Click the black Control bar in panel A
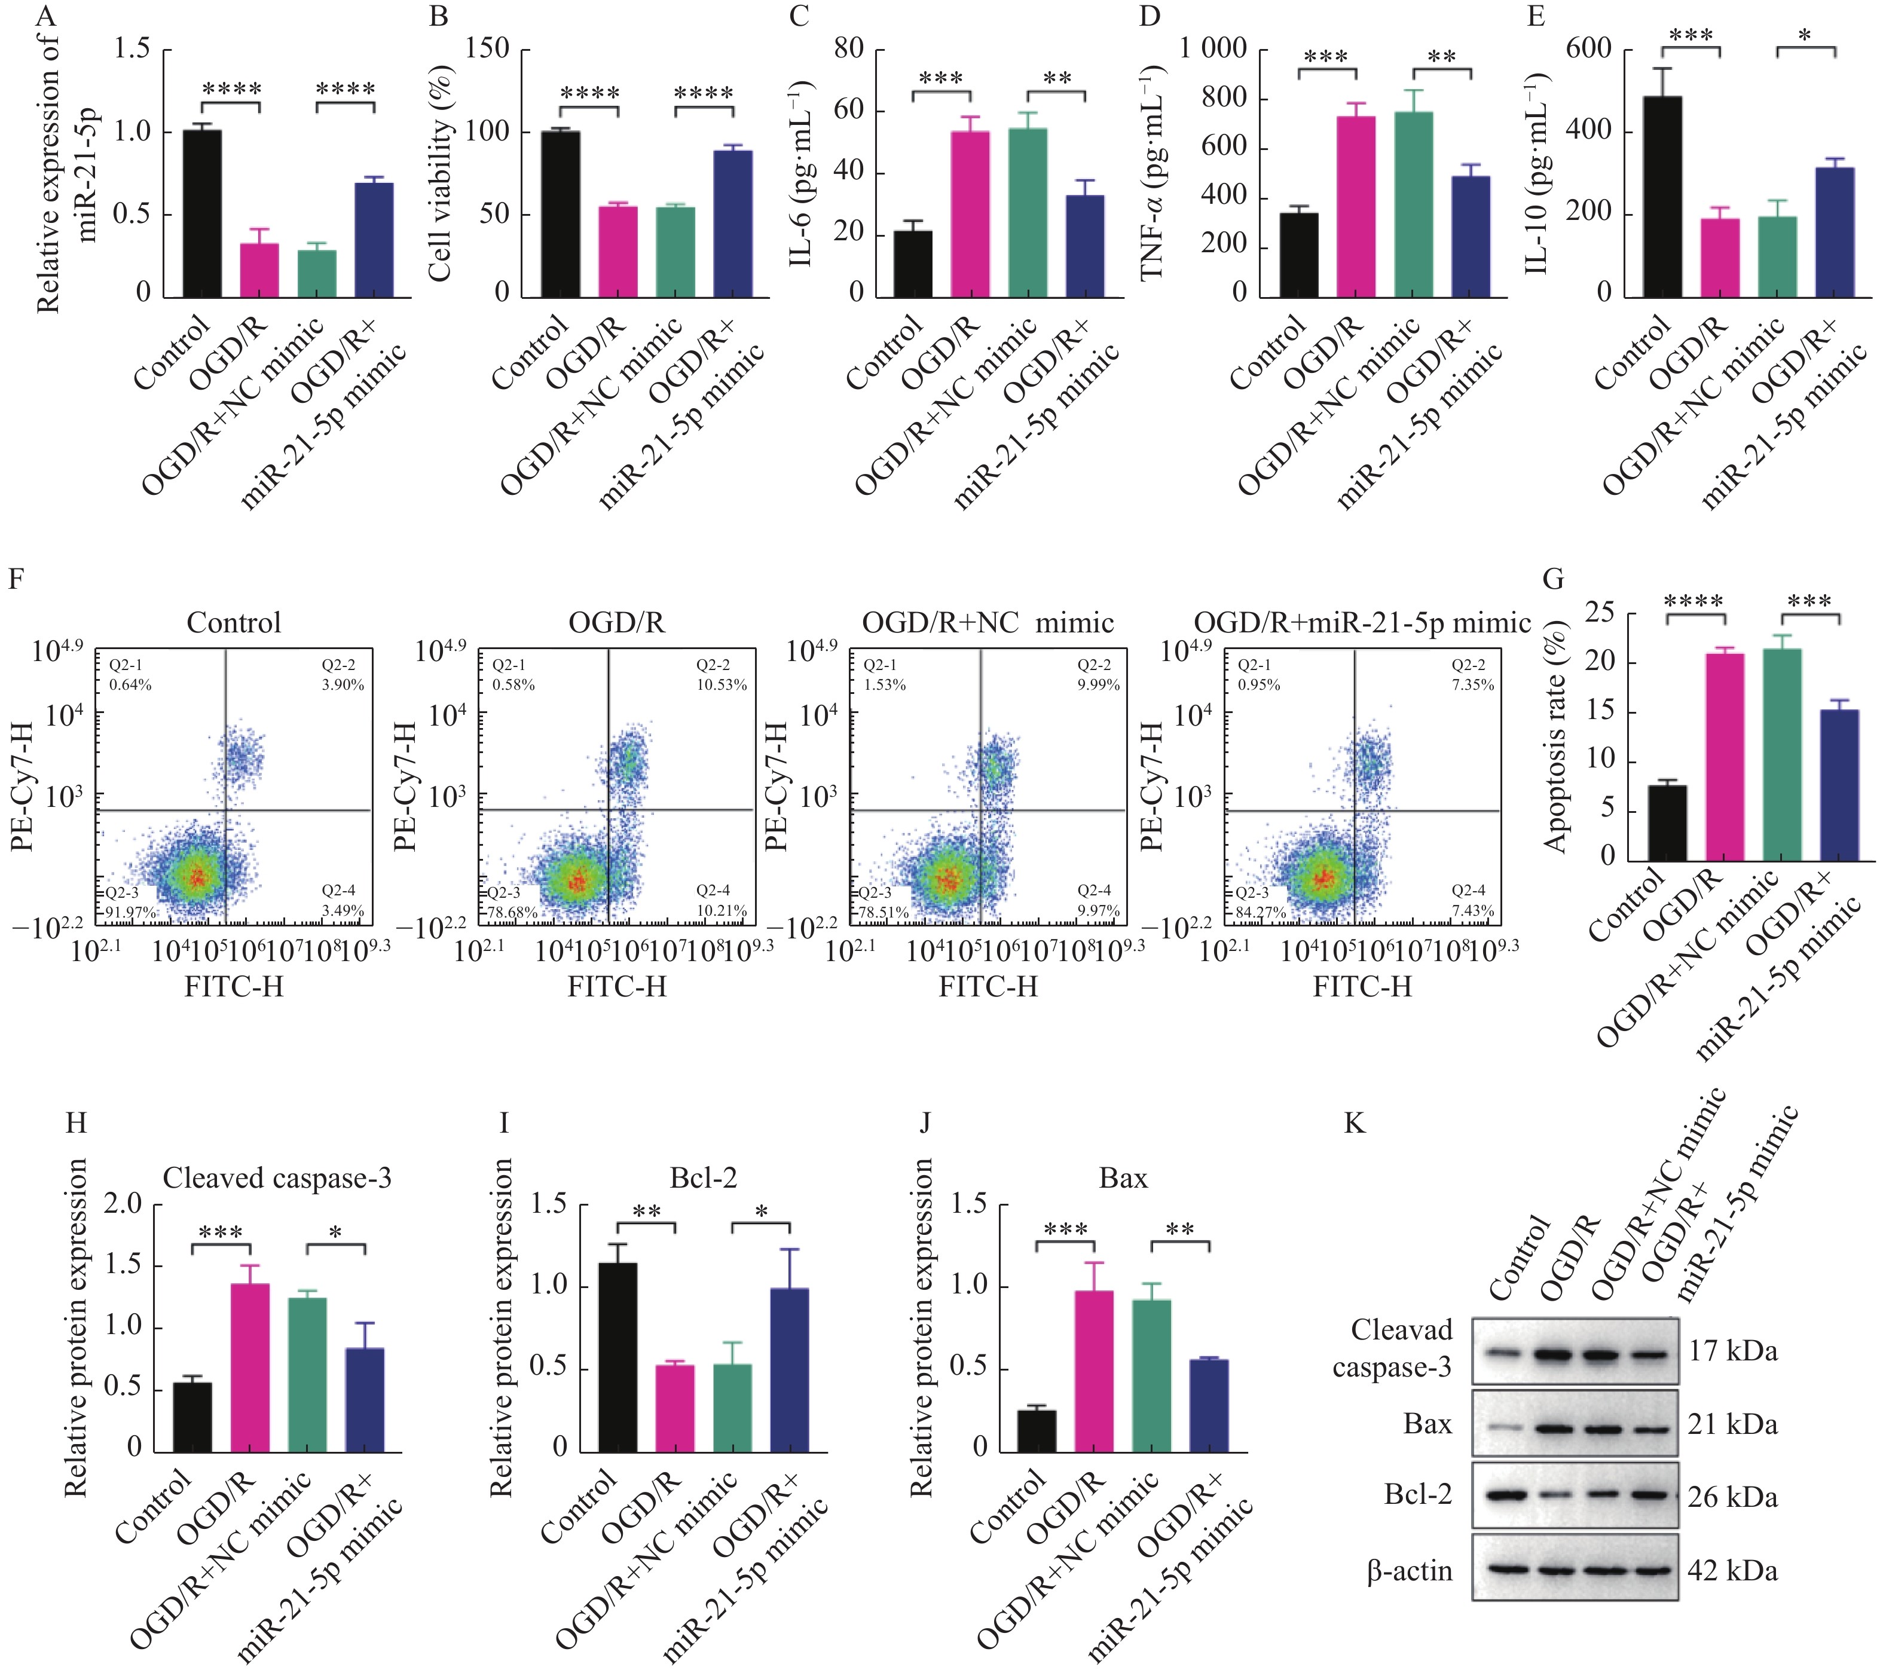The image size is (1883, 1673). click(x=202, y=214)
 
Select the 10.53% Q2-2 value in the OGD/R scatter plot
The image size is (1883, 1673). click(x=722, y=684)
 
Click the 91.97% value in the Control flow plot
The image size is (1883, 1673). click(x=129, y=912)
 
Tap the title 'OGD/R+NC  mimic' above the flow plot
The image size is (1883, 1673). click(x=988, y=623)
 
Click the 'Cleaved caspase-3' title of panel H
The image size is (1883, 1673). click(x=277, y=1177)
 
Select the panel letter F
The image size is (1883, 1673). click(x=16, y=579)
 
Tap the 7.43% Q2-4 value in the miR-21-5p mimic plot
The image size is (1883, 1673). click(x=1472, y=910)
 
